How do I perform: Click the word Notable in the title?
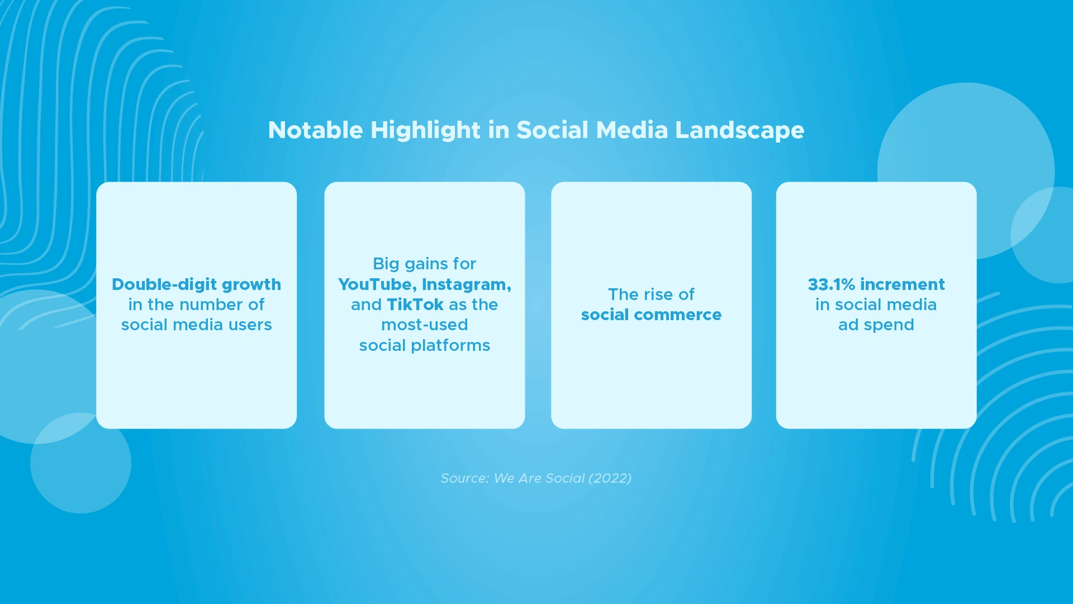point(316,130)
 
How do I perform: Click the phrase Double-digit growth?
point(197,285)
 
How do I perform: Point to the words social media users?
point(197,325)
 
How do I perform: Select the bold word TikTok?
point(415,305)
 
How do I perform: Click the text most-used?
point(425,325)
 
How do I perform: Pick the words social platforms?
point(425,346)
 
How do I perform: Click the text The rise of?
point(651,294)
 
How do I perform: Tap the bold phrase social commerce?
point(652,315)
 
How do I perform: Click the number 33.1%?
point(832,284)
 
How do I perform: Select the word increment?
point(903,284)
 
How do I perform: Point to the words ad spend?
point(876,325)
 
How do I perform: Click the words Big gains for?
point(425,264)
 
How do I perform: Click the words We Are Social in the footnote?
point(539,478)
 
